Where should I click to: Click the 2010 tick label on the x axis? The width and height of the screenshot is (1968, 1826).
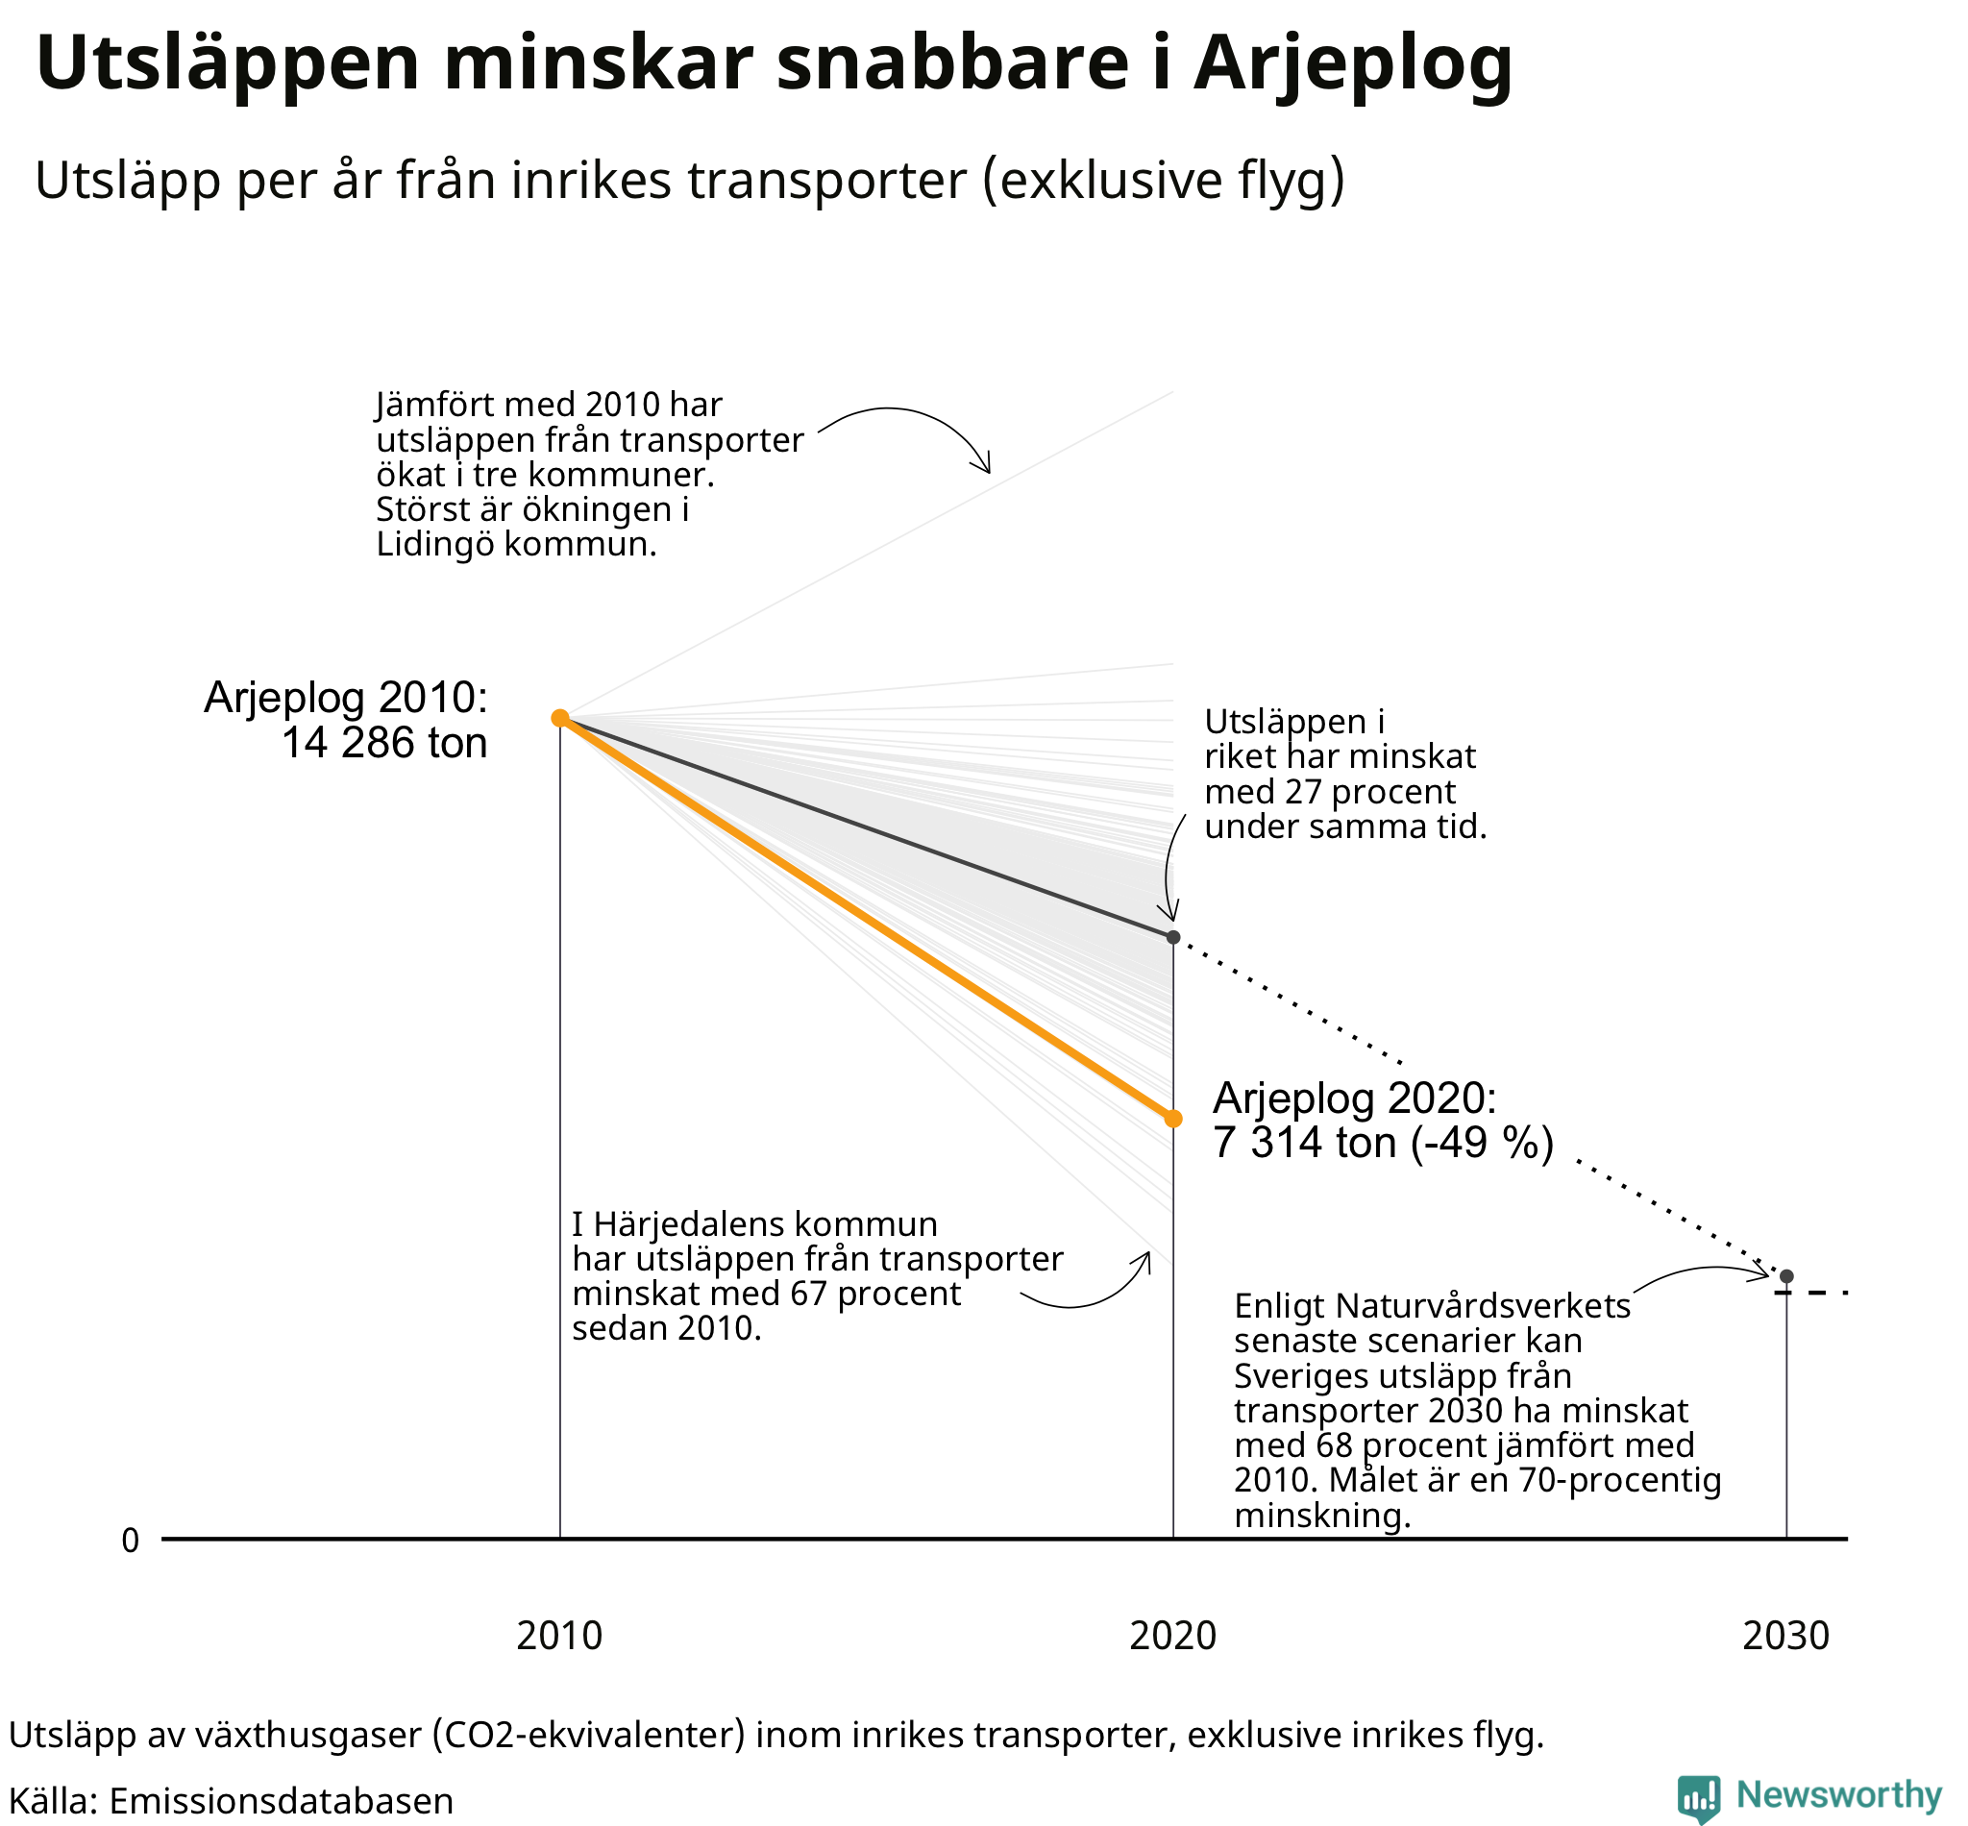coord(559,1637)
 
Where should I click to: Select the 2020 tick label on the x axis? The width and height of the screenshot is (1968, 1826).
coord(1172,1637)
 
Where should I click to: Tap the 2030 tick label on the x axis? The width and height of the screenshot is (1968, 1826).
coord(1786,1637)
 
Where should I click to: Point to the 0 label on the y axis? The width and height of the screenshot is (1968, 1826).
coord(131,1541)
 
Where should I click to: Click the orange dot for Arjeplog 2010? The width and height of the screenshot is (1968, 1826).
coord(559,717)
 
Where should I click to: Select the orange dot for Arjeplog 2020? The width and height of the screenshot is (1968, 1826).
coord(1172,1119)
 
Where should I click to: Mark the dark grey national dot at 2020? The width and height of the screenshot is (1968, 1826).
coord(1172,937)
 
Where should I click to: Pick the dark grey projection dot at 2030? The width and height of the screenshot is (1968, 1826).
coord(1786,1276)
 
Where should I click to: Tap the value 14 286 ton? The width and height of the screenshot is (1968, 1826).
coord(384,743)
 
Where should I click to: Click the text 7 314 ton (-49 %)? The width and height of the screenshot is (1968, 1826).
coord(1383,1144)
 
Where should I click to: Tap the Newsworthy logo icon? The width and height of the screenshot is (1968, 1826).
coord(1698,1795)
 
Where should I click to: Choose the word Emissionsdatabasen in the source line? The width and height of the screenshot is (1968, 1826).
coord(281,1801)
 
